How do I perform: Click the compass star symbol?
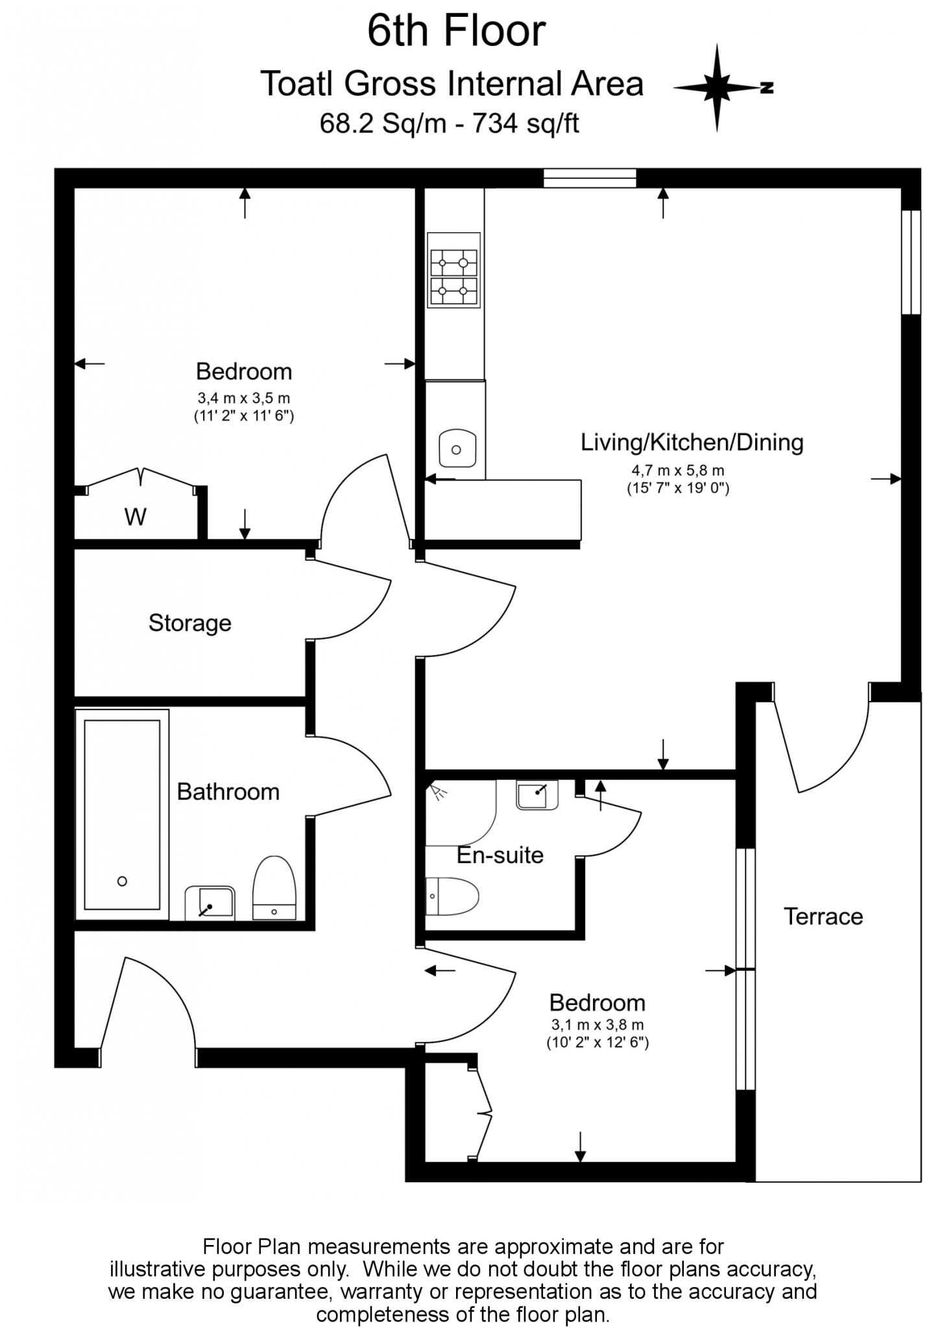coord(717,88)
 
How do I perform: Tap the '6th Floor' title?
coord(456,31)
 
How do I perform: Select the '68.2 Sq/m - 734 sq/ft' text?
coord(449,123)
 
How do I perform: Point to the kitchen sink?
coord(457,448)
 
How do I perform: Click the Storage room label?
coord(189,623)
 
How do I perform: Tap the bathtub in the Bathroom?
coord(121,814)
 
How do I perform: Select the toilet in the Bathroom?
coord(274,888)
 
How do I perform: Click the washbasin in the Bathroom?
coord(210,903)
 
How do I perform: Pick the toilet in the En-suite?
coord(452,896)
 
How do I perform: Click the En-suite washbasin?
coord(537,794)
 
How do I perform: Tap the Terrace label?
coord(823,916)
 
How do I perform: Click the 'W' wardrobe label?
coord(135,517)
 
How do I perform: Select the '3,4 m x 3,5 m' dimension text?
coord(243,398)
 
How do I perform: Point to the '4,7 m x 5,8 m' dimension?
coord(678,471)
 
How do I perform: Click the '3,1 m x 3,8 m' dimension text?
coord(597,1025)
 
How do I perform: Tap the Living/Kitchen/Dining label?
coord(692,442)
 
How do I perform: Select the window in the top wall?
coord(590,178)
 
